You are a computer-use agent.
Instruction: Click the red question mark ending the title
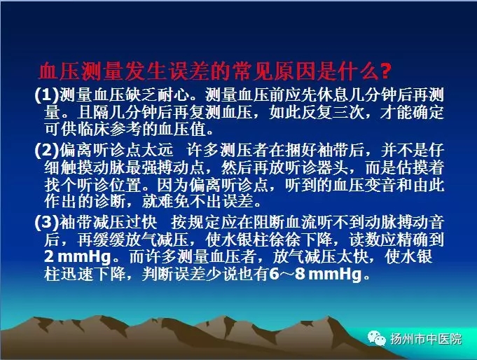[x=385, y=72]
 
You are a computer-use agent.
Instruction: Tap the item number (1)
[x=46, y=95]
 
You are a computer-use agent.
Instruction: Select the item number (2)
[x=46, y=150]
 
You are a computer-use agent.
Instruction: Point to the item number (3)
[x=46, y=223]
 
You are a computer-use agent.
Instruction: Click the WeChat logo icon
[x=377, y=338]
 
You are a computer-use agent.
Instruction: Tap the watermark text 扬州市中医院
[x=426, y=339]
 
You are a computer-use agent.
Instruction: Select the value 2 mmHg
[x=78, y=257]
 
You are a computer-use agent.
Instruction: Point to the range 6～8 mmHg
[x=316, y=275]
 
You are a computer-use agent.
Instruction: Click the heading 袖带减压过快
[x=108, y=223]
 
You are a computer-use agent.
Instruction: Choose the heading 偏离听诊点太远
[x=116, y=150]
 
